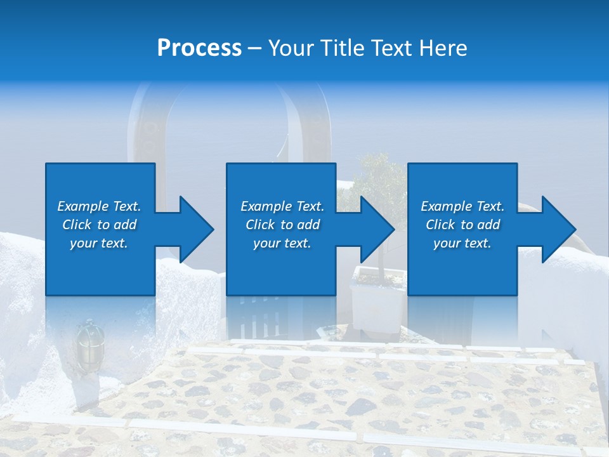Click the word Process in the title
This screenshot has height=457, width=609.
[199, 48]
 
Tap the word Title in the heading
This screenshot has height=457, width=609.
[343, 48]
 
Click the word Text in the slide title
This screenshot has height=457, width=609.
[391, 48]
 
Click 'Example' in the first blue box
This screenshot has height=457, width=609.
[82, 206]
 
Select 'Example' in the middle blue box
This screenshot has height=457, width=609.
[266, 206]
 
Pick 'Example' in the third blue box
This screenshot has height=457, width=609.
[446, 206]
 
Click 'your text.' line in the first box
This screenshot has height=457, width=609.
[99, 243]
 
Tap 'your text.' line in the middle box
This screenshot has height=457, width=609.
[282, 243]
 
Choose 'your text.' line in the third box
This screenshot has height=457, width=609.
[462, 243]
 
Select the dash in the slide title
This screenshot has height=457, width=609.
[255, 49]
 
